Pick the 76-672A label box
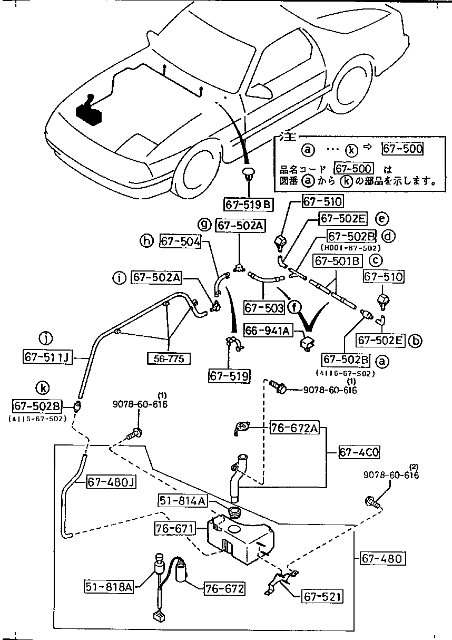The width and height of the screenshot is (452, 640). [x=294, y=428]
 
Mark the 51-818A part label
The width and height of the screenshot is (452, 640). [x=109, y=586]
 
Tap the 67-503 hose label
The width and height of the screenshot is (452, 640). [x=264, y=307]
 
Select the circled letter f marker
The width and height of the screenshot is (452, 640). [x=296, y=307]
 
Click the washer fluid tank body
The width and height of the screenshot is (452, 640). [x=240, y=538]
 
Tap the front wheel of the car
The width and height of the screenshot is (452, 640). [x=195, y=169]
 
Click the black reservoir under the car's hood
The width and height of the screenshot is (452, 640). [x=89, y=112]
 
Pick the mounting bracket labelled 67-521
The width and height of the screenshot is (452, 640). [x=280, y=582]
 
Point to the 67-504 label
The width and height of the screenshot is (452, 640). [x=180, y=241]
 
